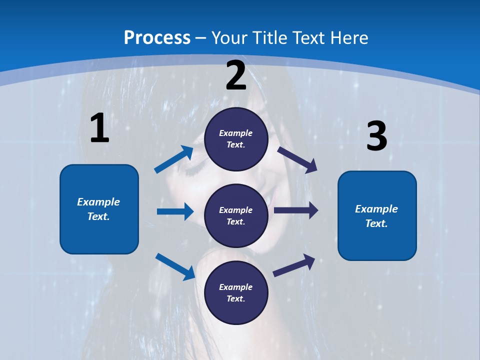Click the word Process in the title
coord(157,38)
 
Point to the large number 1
coord(99,128)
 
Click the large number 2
coord(236,75)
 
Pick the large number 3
coord(376,136)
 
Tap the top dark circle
coord(236,138)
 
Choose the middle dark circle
coord(236,215)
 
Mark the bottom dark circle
coord(236,292)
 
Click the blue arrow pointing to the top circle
coord(174,159)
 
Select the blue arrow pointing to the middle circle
coord(175,211)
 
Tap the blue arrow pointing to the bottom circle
coord(175,266)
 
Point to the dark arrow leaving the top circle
coord(297,159)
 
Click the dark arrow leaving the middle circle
coord(295,210)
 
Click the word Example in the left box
coord(98,202)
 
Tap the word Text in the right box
coord(376,223)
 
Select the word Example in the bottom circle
coord(235,287)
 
